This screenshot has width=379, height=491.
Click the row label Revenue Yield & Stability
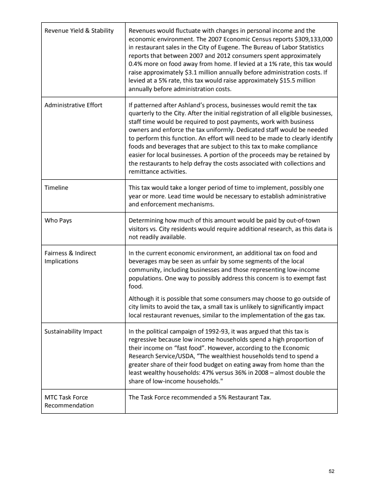(79, 31)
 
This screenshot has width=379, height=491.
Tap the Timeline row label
(56, 187)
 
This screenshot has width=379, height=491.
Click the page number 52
(331, 471)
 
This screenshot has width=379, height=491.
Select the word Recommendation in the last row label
(69, 405)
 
